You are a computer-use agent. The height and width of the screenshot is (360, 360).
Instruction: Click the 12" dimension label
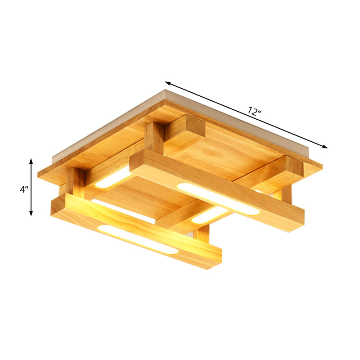point(254,112)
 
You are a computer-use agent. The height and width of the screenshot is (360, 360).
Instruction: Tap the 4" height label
point(24,189)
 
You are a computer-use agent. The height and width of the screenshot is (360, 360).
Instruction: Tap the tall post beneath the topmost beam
point(154,138)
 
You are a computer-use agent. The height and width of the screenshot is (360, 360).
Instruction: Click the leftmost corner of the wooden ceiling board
point(39,173)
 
